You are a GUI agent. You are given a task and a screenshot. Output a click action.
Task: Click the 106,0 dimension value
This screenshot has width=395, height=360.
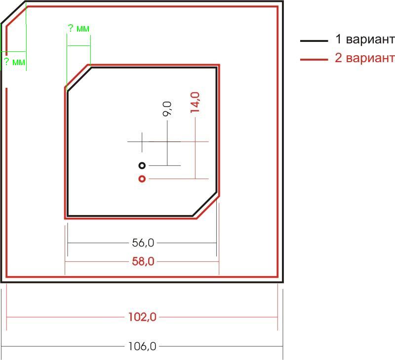142,346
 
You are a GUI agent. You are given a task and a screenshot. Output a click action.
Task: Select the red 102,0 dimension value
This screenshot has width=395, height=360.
142,317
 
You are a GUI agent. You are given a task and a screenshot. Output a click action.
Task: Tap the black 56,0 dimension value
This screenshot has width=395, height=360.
143,243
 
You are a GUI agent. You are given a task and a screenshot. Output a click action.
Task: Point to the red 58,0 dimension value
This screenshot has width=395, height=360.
143,262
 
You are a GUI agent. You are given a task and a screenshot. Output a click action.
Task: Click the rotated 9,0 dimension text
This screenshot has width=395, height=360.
167,108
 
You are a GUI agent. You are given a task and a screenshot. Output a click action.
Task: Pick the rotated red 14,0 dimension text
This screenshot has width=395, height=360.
195,103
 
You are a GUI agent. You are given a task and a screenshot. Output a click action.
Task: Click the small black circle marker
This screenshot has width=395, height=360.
142,166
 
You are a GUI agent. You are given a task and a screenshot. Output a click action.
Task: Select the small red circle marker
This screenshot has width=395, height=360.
142,179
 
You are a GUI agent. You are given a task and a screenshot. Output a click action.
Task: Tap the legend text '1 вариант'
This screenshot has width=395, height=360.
365,39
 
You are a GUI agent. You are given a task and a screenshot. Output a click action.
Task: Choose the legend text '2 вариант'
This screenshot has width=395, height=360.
365,58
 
